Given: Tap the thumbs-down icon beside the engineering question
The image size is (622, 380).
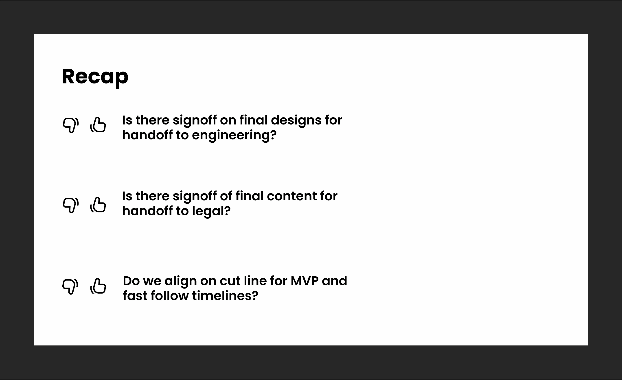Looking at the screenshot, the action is (x=71, y=125).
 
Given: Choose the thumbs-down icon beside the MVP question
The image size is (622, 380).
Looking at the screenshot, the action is (x=70, y=287).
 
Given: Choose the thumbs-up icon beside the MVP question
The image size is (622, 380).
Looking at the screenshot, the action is (x=98, y=286).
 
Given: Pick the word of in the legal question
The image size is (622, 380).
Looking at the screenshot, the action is (x=226, y=196).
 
